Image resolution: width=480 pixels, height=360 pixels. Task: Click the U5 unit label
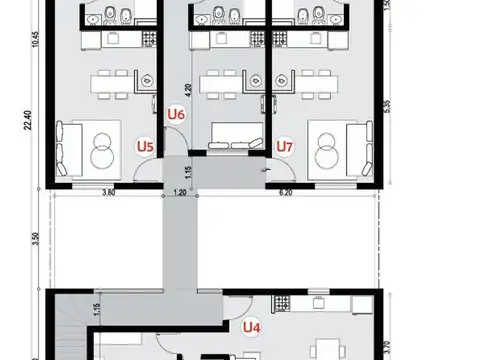(x=145, y=146)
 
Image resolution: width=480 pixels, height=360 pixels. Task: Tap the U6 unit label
(x=177, y=115)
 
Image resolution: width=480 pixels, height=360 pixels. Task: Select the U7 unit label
(x=285, y=146)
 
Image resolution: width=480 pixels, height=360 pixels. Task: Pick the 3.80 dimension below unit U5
(x=107, y=192)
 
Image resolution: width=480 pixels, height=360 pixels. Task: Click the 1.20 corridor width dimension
(x=180, y=192)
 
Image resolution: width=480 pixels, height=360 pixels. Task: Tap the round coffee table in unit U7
(x=327, y=148)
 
